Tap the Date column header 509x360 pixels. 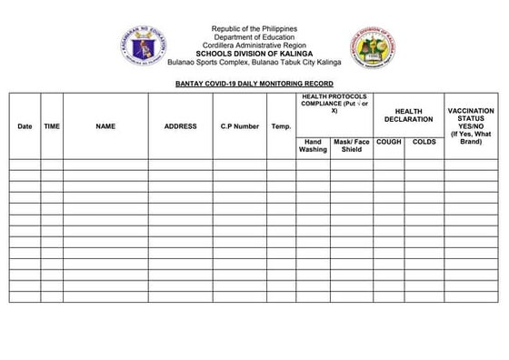[25, 126]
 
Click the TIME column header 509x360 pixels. [52, 126]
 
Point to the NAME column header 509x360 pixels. [105, 126]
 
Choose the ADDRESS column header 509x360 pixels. [180, 126]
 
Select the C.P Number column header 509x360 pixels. [239, 126]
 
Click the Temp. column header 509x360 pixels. [281, 126]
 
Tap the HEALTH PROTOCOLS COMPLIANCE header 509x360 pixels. [334, 105]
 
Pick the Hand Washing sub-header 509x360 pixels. [314, 146]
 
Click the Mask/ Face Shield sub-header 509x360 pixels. [352, 146]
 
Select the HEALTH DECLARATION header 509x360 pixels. [408, 115]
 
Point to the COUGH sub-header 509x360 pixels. [389, 143]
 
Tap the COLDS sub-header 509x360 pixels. [424, 143]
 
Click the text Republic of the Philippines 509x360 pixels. [254, 29]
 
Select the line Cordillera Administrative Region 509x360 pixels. [254, 45]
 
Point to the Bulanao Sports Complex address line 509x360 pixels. [254, 62]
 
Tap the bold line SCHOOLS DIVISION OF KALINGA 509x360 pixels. [254, 54]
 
